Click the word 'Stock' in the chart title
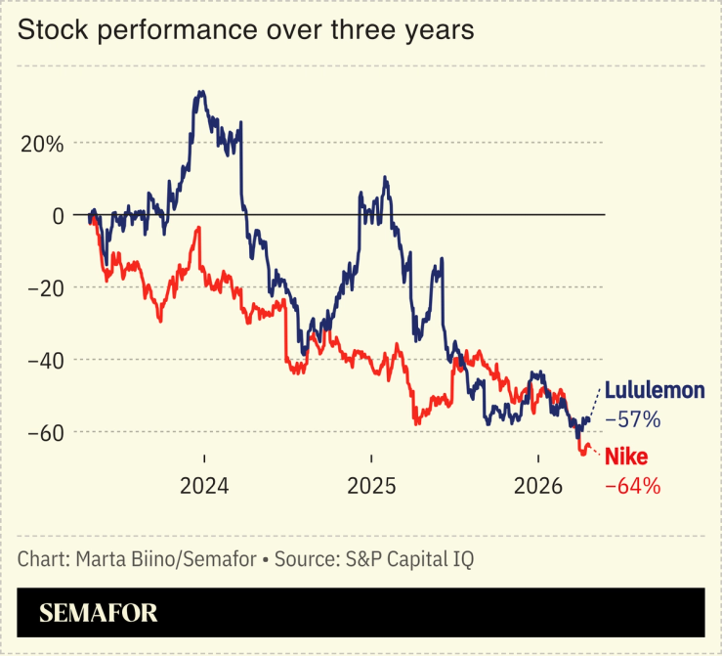tap(49, 30)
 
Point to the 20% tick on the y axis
tap(43, 143)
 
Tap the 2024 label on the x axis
tap(204, 486)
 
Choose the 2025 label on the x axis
tap(371, 486)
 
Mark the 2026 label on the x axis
tap(537, 486)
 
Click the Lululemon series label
tap(654, 390)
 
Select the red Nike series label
tap(626, 456)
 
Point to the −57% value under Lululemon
tap(632, 420)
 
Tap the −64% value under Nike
tap(632, 484)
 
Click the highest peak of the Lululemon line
tap(200, 92)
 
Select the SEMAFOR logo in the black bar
tap(98, 613)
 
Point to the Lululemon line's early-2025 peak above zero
tap(385, 178)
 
